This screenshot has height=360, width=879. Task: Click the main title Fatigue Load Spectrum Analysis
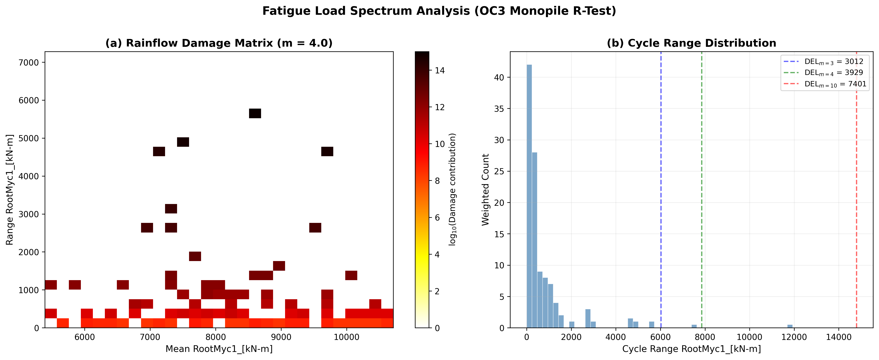(439, 11)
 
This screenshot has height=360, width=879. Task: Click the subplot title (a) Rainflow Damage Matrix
(219, 43)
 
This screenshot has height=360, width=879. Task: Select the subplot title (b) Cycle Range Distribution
(691, 43)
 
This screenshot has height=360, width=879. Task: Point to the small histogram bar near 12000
(790, 326)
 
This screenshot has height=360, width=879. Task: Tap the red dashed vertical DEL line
(857, 205)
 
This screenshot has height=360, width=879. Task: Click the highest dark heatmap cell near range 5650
(255, 113)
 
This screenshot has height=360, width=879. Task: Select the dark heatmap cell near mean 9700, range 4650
(327, 151)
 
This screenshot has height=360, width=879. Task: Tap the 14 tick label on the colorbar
(440, 70)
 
